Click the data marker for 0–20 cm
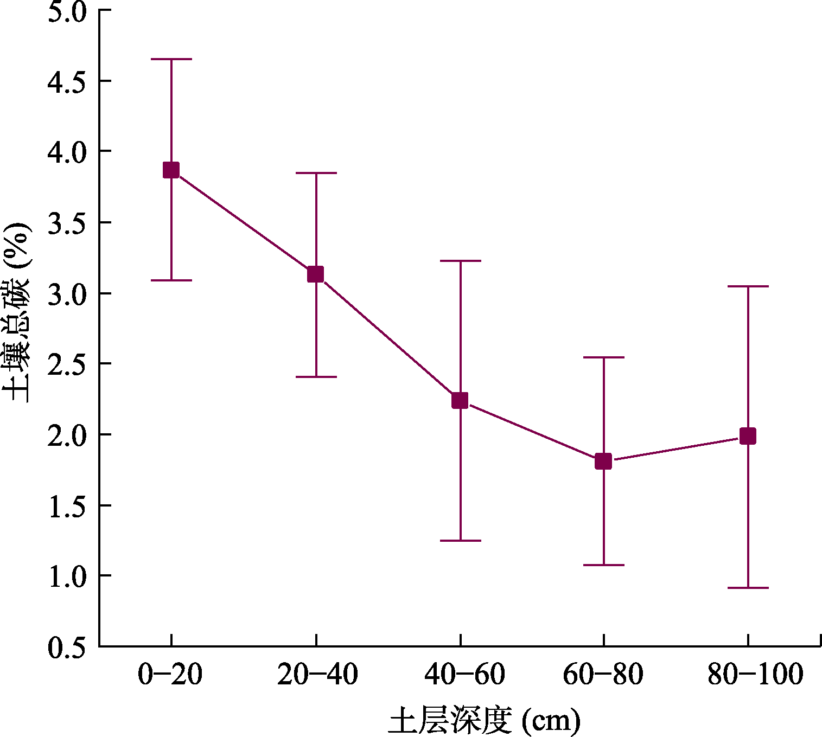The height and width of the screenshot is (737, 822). pos(171,170)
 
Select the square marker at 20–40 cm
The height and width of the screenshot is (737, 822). pos(315,274)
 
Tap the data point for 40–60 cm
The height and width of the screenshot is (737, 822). pos(460,401)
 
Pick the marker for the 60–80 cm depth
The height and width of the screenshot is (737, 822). pos(603,462)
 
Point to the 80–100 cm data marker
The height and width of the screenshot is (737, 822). pos(748,436)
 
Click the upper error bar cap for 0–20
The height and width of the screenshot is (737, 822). pos(171,59)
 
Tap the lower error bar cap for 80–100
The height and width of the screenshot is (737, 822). pos(748,588)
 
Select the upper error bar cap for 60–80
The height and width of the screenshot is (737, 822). pos(603,357)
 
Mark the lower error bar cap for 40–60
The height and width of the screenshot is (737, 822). pos(460,541)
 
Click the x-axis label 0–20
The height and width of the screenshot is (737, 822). pos(170,675)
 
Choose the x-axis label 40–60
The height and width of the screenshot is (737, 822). pos(464,675)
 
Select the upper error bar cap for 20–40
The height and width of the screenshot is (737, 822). pos(316,173)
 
